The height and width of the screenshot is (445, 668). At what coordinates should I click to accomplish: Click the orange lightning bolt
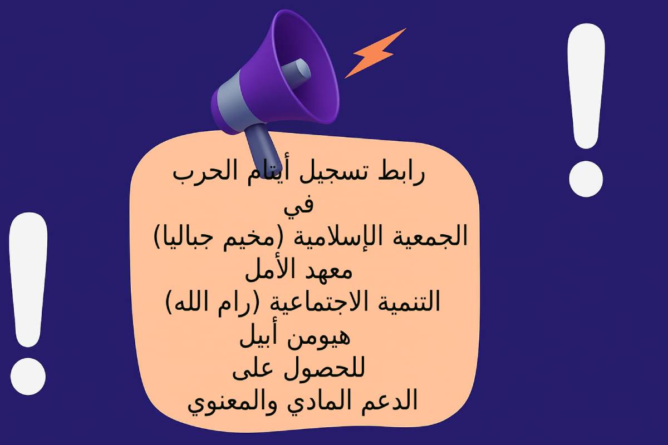[375, 53]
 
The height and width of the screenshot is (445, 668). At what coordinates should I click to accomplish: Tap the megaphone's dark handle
[262, 147]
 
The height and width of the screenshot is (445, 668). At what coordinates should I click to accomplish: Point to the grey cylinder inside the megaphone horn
[296, 73]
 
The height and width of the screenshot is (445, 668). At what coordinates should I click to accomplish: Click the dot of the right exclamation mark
[586, 179]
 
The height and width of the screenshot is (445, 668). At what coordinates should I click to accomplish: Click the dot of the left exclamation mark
[28, 377]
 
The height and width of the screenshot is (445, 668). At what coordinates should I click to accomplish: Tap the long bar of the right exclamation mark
[586, 86]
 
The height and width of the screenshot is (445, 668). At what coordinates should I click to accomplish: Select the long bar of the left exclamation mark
[28, 280]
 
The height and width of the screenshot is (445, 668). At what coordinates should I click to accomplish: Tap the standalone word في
[298, 205]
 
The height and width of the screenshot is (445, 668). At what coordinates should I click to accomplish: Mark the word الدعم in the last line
[389, 401]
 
